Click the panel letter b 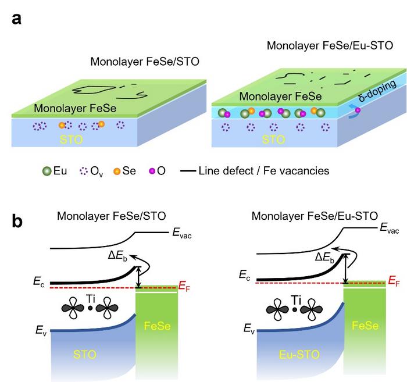click(x=17, y=222)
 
